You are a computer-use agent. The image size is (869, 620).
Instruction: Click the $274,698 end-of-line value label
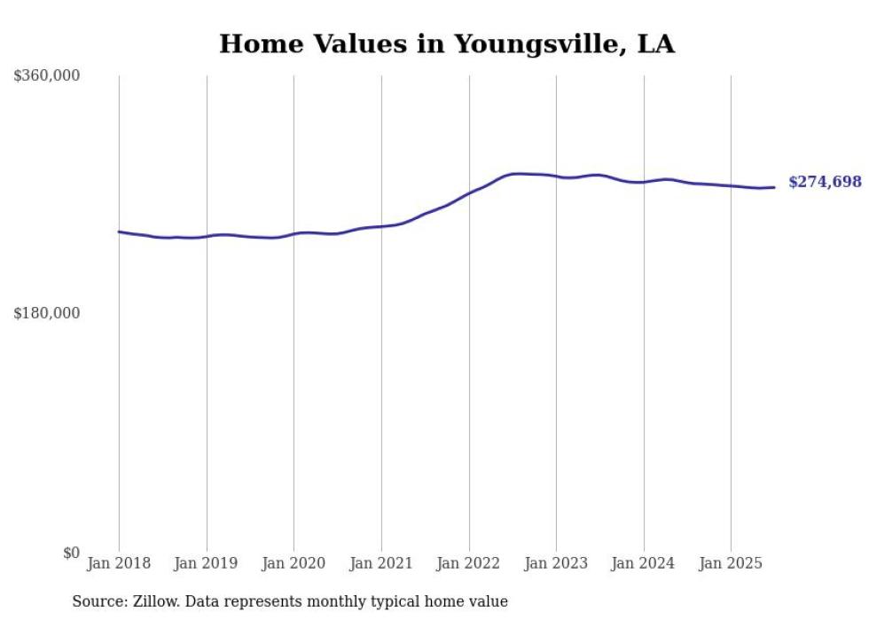(x=825, y=182)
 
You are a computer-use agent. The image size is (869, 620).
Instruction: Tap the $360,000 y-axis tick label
(x=47, y=76)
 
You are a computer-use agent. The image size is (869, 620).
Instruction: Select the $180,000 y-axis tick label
(x=47, y=313)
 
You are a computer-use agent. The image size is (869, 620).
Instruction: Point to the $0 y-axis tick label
(x=71, y=553)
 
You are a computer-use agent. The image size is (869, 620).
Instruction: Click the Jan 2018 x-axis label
(x=119, y=563)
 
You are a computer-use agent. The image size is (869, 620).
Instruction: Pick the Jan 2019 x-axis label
(x=207, y=563)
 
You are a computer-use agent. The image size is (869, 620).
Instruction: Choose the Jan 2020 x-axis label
(x=294, y=563)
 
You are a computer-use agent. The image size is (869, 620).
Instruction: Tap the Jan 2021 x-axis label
(x=381, y=563)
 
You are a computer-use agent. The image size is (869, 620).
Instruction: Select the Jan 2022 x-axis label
(x=469, y=563)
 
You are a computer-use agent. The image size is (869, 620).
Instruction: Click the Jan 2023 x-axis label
(x=556, y=563)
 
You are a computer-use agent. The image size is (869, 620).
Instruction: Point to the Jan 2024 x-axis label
(x=644, y=563)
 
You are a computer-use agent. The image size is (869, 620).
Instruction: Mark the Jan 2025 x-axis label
(x=731, y=563)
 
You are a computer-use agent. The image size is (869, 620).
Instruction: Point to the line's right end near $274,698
(x=774, y=187)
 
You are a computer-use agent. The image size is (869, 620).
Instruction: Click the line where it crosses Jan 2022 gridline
(x=469, y=192)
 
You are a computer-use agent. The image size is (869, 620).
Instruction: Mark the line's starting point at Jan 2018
(x=119, y=232)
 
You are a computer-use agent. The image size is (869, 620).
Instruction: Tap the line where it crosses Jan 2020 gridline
(x=294, y=234)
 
